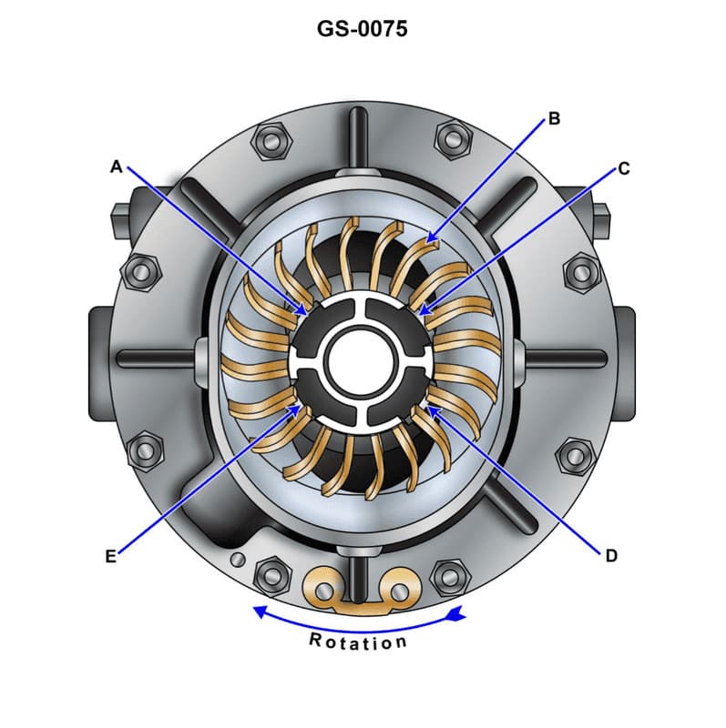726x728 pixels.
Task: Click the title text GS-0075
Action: tap(362, 29)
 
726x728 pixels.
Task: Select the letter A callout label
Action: tap(116, 167)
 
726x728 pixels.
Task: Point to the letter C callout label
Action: tap(623, 168)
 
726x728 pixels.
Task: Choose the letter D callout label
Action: tap(611, 555)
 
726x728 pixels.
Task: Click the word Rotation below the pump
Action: tap(358, 642)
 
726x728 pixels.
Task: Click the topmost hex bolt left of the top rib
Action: tap(272, 138)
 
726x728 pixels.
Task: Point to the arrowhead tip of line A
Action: tap(308, 314)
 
